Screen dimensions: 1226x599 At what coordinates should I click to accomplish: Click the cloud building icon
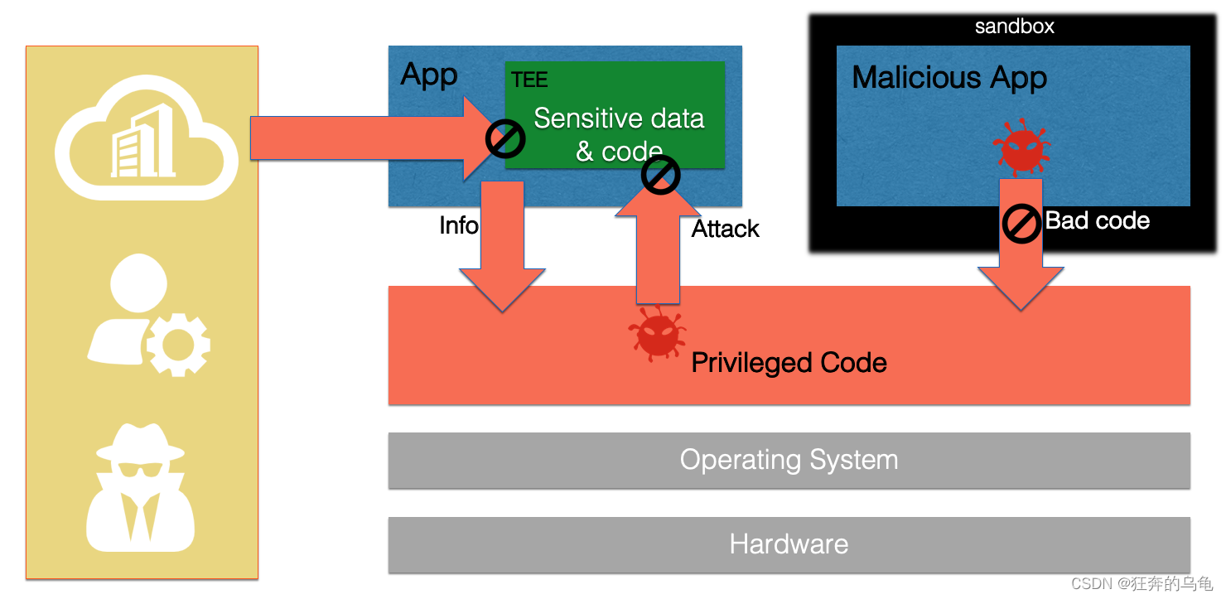pos(146,138)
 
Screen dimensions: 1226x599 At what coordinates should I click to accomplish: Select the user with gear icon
pos(147,315)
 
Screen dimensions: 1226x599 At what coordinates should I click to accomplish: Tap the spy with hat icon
pos(140,487)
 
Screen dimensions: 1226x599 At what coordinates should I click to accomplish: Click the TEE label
pos(529,80)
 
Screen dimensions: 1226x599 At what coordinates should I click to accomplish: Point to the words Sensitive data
pos(619,118)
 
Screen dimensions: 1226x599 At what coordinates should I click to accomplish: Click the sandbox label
pos(1014,27)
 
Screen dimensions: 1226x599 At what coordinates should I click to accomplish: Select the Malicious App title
pos(949,78)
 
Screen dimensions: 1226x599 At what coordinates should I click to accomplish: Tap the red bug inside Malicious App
pos(1022,147)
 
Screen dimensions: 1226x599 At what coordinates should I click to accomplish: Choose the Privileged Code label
pos(789,363)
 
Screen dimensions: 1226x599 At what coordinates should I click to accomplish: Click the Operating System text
pos(789,459)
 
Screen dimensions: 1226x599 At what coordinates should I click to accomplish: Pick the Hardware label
pos(789,544)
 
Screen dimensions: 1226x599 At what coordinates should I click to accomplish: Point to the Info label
pos(459,225)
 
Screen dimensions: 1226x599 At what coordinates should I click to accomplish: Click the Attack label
pos(725,229)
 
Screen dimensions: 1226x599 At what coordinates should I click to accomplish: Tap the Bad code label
pos(1097,220)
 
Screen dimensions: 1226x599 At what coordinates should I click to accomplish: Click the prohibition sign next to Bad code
pos(1021,224)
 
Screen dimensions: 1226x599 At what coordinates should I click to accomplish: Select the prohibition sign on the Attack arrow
pos(660,175)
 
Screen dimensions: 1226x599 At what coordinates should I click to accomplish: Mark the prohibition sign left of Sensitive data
pos(505,138)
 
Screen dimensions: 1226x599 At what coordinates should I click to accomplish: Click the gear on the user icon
pos(178,345)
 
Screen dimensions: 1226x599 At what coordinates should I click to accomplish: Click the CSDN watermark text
pos(1142,583)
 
